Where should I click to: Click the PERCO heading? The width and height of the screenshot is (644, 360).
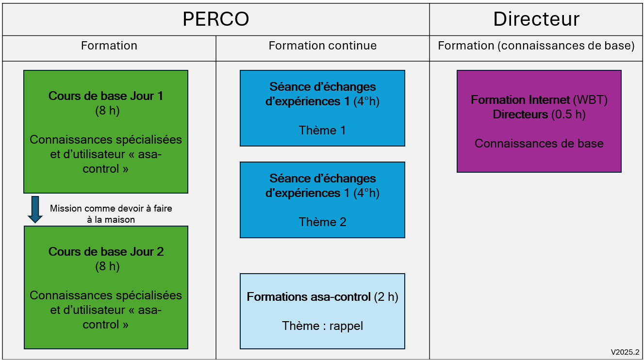(215, 19)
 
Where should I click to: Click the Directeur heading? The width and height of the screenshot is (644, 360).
(536, 19)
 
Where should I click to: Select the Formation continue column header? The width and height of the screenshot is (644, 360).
(323, 46)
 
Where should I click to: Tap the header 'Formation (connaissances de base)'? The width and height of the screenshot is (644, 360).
(536, 46)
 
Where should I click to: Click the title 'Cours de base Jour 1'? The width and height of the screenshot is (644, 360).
(106, 96)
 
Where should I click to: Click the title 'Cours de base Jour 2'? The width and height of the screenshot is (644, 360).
(106, 252)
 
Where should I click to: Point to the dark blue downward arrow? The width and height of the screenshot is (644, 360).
(35, 210)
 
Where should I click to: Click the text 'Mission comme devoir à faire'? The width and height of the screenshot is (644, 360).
(111, 208)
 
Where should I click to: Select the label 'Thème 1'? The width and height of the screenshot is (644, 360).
(322, 131)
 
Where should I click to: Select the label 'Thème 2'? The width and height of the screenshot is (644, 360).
(323, 222)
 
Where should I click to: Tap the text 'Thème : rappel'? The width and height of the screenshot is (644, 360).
(323, 326)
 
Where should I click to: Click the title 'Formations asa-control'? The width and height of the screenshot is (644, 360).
(309, 297)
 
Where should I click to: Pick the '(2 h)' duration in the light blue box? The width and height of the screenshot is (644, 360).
(386, 297)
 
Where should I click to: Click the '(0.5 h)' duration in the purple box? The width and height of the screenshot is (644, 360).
(568, 115)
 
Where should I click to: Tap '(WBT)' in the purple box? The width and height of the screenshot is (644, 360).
(590, 100)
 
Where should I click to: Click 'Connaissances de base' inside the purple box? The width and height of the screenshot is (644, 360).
(539, 143)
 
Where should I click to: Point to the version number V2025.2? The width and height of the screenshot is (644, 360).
(625, 352)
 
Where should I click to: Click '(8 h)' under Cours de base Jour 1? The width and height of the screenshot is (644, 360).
(108, 111)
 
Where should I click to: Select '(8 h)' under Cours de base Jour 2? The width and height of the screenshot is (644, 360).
(108, 266)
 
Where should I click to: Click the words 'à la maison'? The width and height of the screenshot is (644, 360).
(111, 220)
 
